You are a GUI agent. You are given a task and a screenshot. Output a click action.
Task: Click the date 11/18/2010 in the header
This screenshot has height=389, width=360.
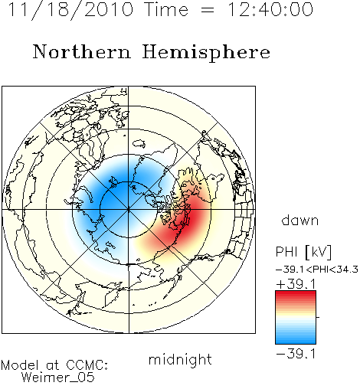click(x=70, y=10)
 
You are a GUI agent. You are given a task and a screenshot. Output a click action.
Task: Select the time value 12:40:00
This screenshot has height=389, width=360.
click(x=270, y=9)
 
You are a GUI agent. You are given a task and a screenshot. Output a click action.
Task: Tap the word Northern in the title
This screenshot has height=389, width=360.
click(x=82, y=51)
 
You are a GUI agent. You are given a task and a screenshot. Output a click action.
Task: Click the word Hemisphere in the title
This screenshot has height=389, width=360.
click(x=206, y=53)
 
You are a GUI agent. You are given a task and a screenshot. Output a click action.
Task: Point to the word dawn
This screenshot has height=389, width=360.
click(x=300, y=220)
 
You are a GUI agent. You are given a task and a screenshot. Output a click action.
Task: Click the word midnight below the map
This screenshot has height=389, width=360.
click(x=180, y=360)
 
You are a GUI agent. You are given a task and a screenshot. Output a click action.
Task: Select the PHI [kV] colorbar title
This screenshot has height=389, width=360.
click(x=304, y=252)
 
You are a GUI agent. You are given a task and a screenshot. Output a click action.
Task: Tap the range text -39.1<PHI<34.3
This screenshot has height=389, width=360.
click(x=317, y=270)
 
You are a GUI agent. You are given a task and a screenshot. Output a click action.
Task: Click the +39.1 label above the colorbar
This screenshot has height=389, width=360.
click(x=296, y=284)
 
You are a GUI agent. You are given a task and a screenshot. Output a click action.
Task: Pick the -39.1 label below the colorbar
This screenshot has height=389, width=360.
click(x=296, y=354)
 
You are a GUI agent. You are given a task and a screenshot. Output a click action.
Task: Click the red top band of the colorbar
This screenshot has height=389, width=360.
click(x=296, y=294)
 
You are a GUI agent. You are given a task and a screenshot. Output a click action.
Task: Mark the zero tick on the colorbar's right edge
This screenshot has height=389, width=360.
click(x=318, y=317)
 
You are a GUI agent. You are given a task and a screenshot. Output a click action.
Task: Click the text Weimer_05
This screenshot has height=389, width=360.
click(x=58, y=378)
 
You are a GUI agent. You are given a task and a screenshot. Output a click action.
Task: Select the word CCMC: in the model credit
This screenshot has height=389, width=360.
click(x=87, y=365)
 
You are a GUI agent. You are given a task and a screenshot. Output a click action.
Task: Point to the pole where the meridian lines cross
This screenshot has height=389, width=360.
click(x=129, y=210)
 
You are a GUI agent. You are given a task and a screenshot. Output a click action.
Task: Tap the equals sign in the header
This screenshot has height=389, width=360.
click(x=207, y=10)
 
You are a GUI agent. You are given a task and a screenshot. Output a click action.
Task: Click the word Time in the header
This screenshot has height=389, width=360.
click(x=166, y=9)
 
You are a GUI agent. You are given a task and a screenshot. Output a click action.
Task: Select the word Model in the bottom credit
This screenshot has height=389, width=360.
click(x=20, y=365)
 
